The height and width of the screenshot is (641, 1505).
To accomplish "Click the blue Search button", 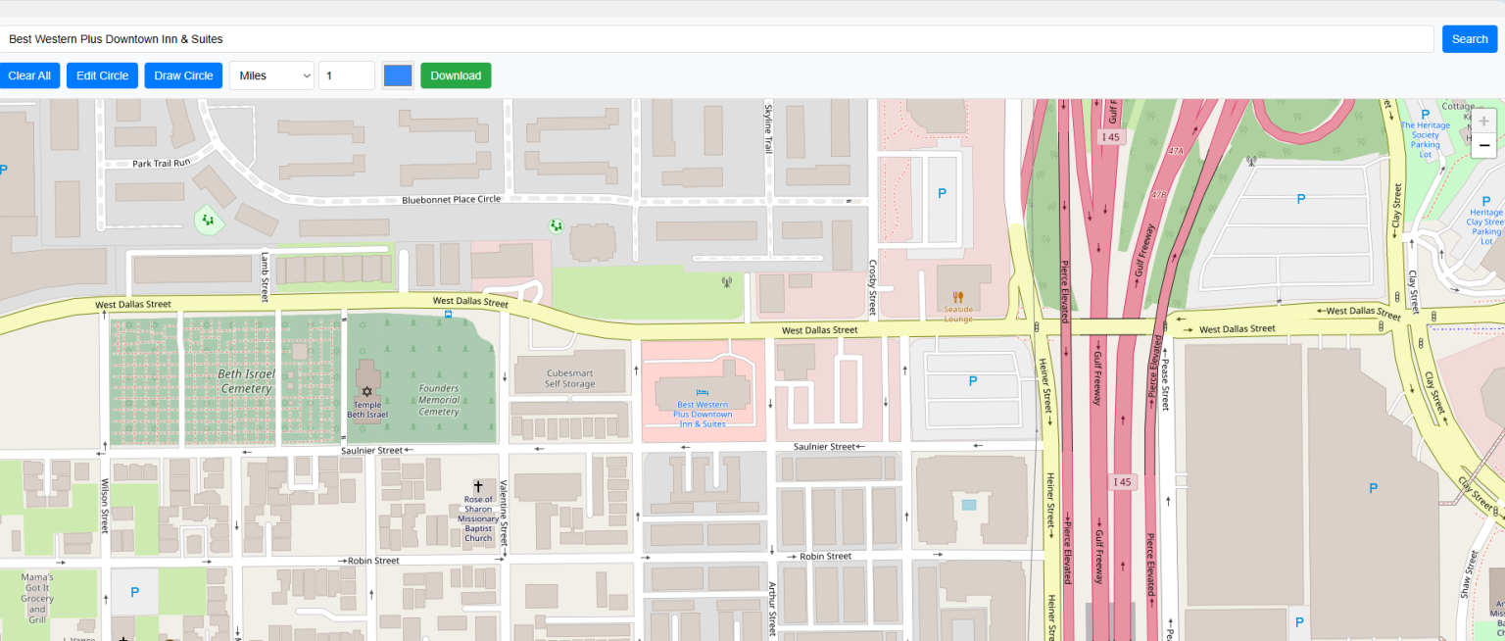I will [1469, 39].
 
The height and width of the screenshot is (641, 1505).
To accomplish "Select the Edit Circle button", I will [102, 75].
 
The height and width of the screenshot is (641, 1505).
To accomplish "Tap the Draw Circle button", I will [183, 75].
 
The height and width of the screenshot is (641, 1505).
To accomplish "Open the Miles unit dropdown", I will [271, 75].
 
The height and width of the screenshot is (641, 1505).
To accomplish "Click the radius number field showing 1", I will [346, 75].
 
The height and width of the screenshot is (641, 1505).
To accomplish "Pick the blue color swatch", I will [398, 75].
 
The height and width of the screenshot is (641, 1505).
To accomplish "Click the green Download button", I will [456, 75].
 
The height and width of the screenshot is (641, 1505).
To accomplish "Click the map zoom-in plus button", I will [1483, 122].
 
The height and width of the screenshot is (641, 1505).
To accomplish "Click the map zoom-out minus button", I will [1483, 146].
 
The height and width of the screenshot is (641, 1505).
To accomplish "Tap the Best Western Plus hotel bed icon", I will [702, 391].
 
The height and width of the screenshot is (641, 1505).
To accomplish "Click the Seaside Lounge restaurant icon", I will [958, 296].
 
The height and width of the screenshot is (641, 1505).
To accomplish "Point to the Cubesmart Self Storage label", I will [570, 378].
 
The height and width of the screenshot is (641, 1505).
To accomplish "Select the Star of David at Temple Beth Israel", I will [367, 391].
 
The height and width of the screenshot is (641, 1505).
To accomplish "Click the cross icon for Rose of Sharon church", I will [478, 486].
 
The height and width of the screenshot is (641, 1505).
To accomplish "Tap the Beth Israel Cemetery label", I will [246, 381].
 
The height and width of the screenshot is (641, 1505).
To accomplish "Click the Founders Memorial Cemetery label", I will [438, 400].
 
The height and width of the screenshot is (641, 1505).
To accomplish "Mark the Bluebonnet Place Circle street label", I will [451, 199].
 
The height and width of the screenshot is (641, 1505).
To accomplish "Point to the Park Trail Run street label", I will [161, 163].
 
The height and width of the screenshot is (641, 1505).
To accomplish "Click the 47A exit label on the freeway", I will [1177, 151].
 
